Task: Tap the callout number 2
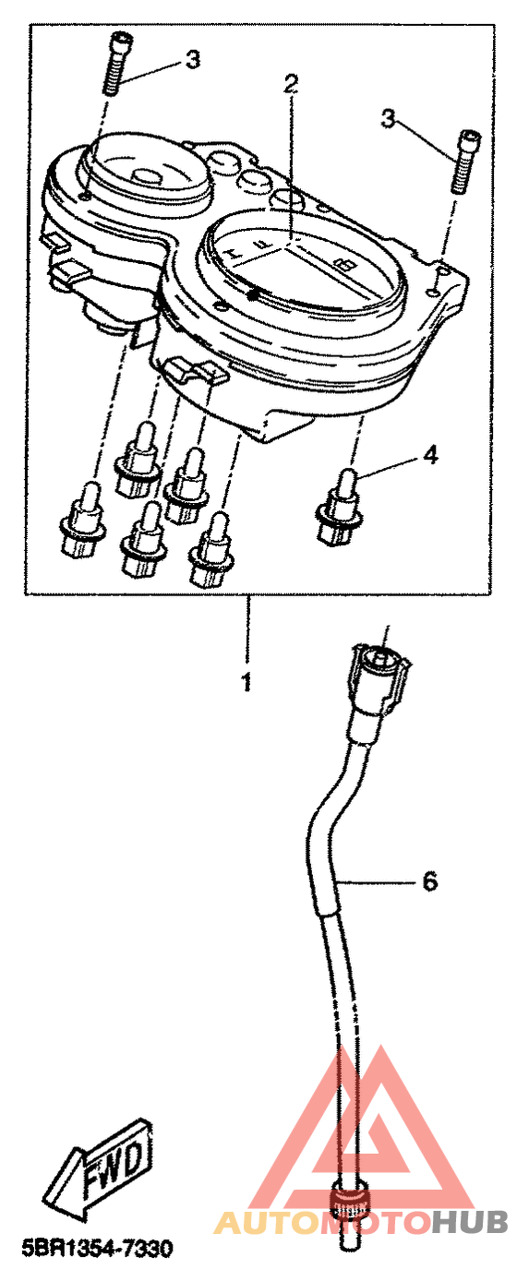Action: (x=292, y=86)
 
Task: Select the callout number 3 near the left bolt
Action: (x=193, y=59)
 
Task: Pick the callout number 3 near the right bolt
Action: (x=389, y=120)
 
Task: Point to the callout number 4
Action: (x=430, y=455)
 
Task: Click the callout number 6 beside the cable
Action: (x=430, y=881)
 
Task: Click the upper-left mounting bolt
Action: (x=115, y=64)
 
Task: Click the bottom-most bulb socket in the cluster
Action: (x=211, y=549)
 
